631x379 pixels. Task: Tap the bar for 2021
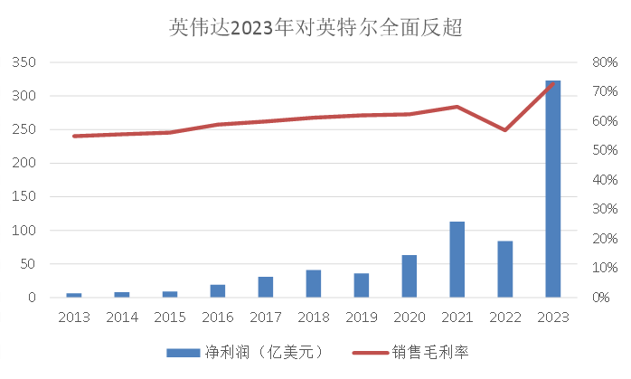(x=457, y=259)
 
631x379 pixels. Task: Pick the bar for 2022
(x=505, y=269)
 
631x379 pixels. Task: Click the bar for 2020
(x=410, y=276)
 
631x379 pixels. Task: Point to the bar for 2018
(x=314, y=283)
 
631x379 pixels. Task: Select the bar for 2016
(x=218, y=290)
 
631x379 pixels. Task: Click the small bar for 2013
(x=74, y=295)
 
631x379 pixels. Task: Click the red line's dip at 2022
(x=505, y=130)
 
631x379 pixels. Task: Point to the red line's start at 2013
(x=74, y=136)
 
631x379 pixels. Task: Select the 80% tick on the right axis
(x=604, y=62)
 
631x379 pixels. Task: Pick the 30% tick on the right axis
(x=604, y=209)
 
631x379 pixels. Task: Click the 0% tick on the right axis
(x=601, y=298)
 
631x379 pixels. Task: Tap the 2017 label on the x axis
(x=266, y=317)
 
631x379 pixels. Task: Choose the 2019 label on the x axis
(x=362, y=317)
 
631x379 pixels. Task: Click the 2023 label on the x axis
(x=553, y=317)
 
